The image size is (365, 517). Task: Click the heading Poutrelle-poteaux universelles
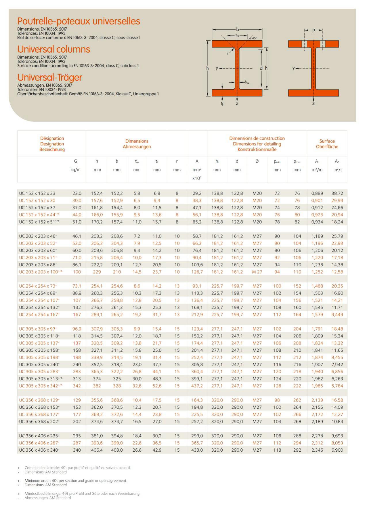79,21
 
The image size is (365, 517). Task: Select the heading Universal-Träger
50,77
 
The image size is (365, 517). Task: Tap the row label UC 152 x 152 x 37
37,208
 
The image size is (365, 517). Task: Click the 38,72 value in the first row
337,193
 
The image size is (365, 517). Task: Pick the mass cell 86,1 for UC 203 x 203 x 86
77,265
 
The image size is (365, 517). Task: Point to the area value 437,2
197,386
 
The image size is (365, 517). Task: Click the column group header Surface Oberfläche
327,144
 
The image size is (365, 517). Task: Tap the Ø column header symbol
257,161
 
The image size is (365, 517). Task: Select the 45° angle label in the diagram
254,38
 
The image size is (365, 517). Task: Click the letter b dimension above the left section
238,29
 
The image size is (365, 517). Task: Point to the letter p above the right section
314,30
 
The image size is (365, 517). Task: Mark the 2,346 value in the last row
317,450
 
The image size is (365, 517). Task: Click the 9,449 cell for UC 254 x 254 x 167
337,315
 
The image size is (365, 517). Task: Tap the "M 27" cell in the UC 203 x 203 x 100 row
257,272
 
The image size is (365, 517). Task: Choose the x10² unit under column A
197,178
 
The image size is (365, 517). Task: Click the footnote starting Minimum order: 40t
76,480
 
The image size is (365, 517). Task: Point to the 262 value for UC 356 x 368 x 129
297,400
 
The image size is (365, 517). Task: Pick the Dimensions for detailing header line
257,144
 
